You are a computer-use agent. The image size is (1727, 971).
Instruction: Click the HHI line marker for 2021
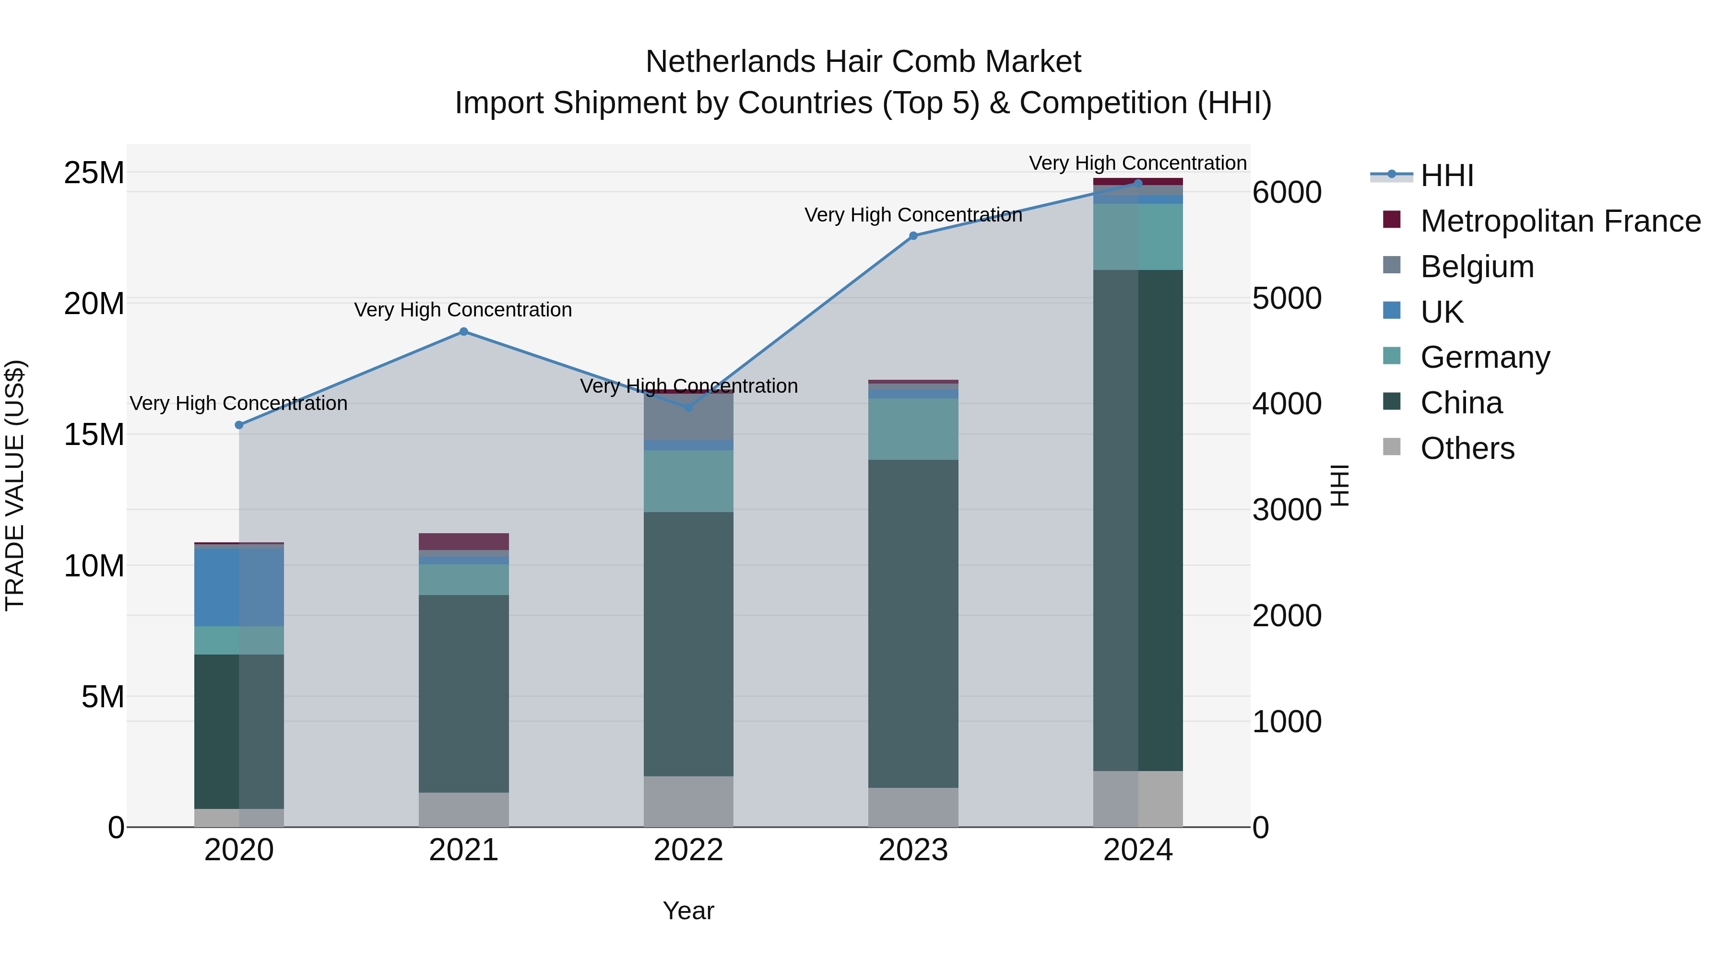pos(463,332)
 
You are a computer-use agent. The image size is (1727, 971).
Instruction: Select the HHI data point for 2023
pos(913,236)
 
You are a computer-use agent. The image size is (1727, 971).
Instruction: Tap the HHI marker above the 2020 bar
pos(239,425)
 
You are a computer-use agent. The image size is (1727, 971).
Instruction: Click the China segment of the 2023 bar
pos(913,623)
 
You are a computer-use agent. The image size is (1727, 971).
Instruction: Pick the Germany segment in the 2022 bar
pos(688,481)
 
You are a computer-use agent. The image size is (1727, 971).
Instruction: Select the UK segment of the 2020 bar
pos(239,587)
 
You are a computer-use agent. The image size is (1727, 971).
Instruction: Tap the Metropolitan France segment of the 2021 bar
pos(463,541)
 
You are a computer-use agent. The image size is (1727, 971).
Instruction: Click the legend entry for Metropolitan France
pos(1560,221)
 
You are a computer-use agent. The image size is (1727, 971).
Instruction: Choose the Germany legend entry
pos(1484,357)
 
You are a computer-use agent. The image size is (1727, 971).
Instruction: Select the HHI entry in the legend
pos(1447,175)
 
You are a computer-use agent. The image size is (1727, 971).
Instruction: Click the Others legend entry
pos(1467,448)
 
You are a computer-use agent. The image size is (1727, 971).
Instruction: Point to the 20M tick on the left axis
pos(94,304)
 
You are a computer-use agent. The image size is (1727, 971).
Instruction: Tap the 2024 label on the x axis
pos(1138,850)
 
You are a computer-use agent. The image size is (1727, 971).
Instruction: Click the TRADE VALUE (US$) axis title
pos(15,485)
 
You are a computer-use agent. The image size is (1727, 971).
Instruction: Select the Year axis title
pos(688,911)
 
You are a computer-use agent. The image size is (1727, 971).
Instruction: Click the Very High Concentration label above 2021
pos(463,310)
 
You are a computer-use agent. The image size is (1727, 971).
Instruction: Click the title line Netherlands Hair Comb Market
pos(863,62)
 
